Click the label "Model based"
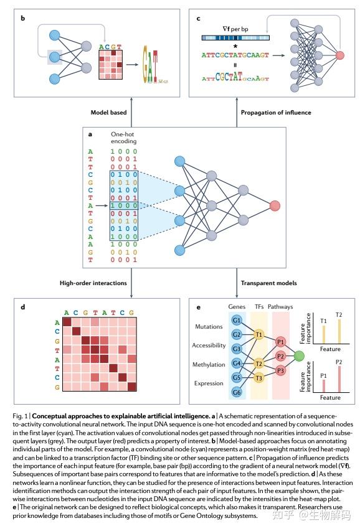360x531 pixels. click(108, 113)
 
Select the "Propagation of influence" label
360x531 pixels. click(276, 113)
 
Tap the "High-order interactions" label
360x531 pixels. click(93, 283)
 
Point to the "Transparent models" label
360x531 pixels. click(269, 283)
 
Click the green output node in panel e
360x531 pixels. click(299, 356)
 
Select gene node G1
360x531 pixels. click(237, 321)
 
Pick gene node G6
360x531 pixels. click(237, 392)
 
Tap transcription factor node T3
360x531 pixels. click(258, 378)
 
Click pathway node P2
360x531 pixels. click(280, 356)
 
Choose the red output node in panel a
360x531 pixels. click(275, 205)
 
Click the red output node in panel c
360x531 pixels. click(339, 55)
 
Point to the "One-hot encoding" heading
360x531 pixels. click(123, 138)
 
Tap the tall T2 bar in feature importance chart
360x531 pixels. click(339, 331)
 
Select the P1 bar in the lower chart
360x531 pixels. click(324, 386)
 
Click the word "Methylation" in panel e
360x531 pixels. click(209, 365)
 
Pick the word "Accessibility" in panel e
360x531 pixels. click(209, 345)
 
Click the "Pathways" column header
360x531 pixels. click(280, 307)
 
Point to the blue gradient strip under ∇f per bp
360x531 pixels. click(235, 38)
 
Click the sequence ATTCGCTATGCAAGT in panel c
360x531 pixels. click(235, 55)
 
